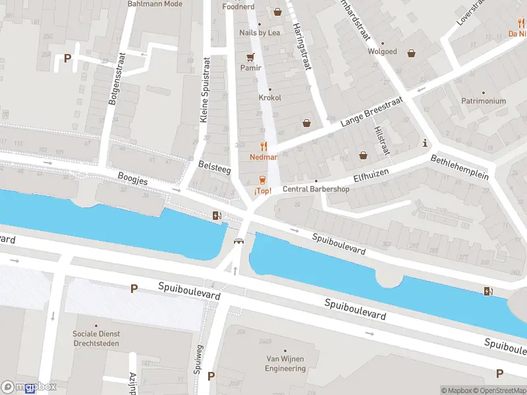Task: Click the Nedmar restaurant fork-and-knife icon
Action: tap(263, 146)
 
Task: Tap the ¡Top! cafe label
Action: tap(263, 191)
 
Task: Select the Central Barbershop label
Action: tap(316, 190)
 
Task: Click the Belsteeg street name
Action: tap(214, 169)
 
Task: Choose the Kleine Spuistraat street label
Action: tap(205, 90)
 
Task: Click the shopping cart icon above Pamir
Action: tap(250, 57)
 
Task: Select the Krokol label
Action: tap(269, 97)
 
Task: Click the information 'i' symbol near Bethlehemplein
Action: tap(426, 143)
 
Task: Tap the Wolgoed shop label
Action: tap(382, 51)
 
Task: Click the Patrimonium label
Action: tap(483, 101)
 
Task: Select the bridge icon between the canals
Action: tap(238, 241)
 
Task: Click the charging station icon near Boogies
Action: tap(216, 215)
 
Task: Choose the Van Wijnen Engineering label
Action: tap(285, 363)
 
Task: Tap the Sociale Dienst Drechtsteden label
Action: tap(97, 338)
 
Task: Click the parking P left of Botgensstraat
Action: tap(67, 58)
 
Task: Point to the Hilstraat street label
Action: tap(381, 140)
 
